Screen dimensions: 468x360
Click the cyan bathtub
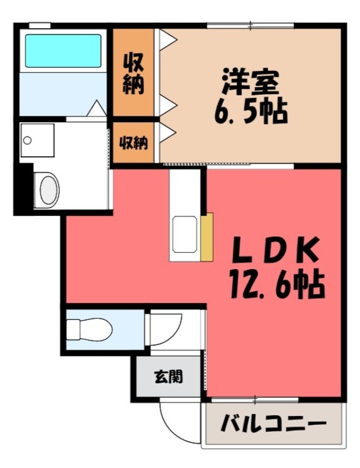[63, 50]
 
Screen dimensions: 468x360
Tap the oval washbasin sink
[49, 189]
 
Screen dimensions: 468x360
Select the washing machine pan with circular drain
[37, 141]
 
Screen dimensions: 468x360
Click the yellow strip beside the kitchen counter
[206, 237]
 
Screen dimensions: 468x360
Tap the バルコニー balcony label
[273, 423]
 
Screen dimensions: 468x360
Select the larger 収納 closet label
[133, 73]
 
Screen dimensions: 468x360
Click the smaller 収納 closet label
[133, 142]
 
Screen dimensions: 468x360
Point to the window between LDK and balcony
[255, 400]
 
